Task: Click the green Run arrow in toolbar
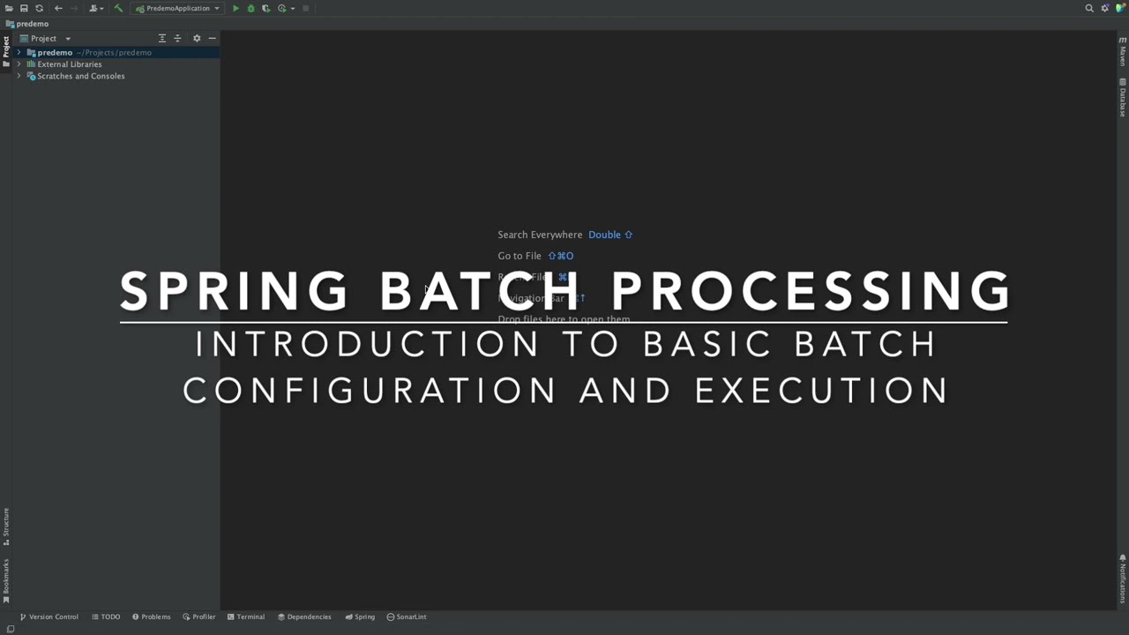(236, 9)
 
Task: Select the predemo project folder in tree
(55, 53)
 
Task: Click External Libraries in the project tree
(69, 64)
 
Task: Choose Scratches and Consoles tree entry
(80, 76)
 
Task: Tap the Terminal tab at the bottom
(246, 616)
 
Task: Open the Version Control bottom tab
(49, 616)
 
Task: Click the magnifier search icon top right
(1089, 9)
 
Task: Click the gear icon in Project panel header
(197, 39)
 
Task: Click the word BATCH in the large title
(480, 291)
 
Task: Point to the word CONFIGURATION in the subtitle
(370, 391)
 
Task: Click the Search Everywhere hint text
(540, 235)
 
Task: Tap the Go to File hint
(520, 256)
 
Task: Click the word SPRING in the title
(234, 291)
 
